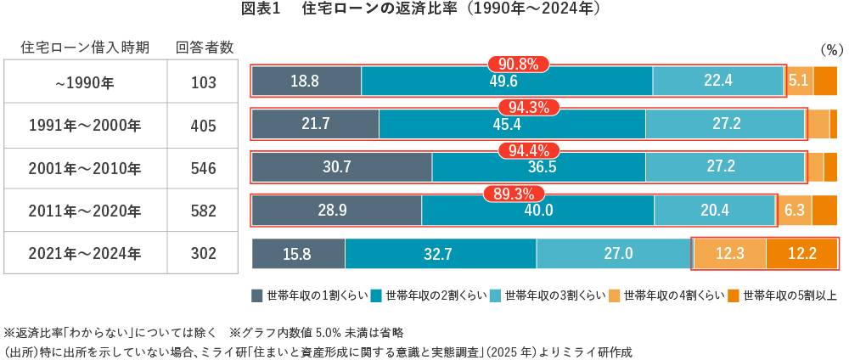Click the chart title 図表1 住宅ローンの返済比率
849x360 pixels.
click(x=422, y=9)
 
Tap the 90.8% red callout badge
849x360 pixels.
click(x=518, y=64)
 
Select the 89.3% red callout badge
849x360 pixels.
click(x=514, y=193)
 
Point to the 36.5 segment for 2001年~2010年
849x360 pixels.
click(x=527, y=167)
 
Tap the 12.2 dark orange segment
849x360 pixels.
click(x=801, y=254)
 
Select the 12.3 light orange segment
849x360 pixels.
click(x=730, y=254)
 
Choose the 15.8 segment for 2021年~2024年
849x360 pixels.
click(x=298, y=254)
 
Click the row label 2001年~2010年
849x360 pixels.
click(x=85, y=168)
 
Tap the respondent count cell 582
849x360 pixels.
click(x=204, y=211)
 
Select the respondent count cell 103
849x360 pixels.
click(x=204, y=82)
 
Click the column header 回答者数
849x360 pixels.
click(x=205, y=47)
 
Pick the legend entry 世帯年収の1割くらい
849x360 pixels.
click(x=309, y=295)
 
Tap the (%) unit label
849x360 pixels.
click(x=827, y=50)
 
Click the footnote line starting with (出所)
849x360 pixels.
click(x=318, y=350)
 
